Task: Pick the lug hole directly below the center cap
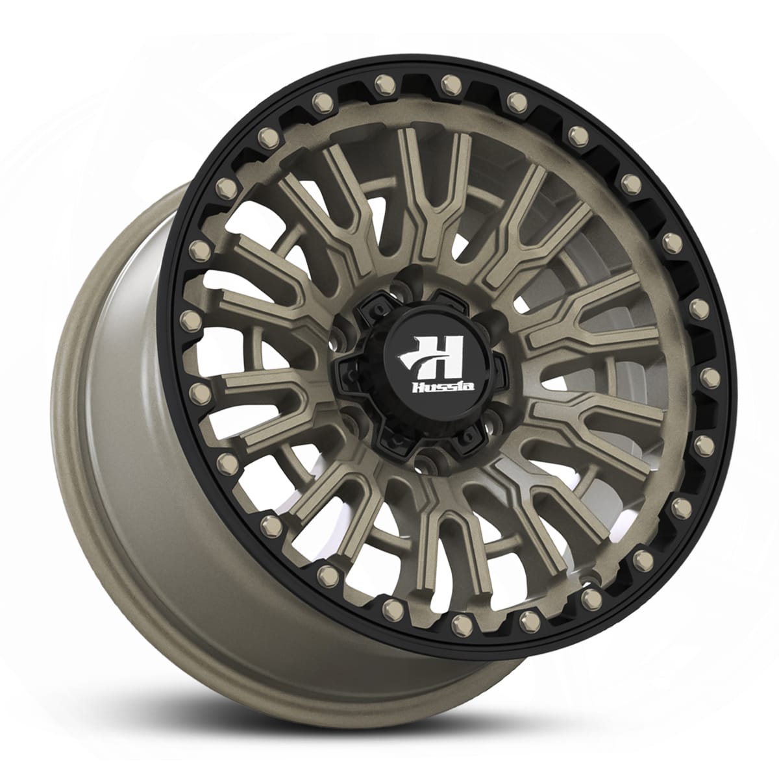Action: pyautogui.click(x=425, y=463)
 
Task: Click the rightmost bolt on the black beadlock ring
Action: pyautogui.click(x=709, y=376)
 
